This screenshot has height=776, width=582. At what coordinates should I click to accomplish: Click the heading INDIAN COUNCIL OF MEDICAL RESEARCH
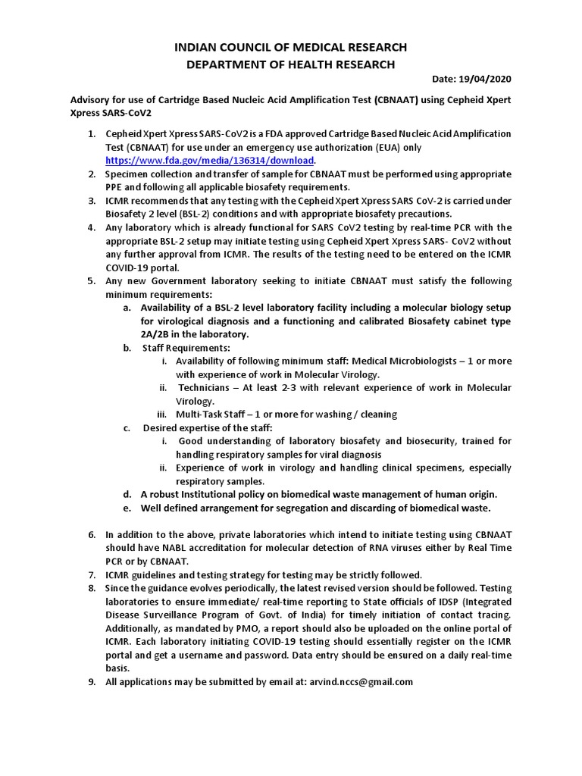click(290, 47)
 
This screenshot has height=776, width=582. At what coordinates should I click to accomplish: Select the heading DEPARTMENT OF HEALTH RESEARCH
click(290, 64)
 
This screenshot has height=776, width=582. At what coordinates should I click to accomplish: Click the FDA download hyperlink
click(209, 161)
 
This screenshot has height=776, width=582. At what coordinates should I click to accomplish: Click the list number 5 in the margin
click(91, 280)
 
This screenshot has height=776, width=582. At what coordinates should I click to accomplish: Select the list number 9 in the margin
click(91, 681)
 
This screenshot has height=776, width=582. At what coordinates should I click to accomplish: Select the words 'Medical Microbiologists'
click(402, 361)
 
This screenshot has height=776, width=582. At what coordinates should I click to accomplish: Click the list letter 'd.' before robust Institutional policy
click(128, 494)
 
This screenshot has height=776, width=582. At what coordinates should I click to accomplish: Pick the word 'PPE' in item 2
click(116, 187)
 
